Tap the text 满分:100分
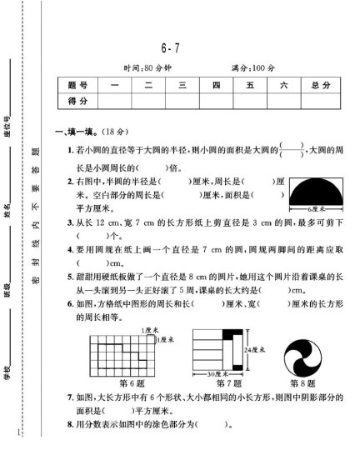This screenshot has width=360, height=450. pos(252,67)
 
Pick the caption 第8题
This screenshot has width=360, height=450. pos(303,383)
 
